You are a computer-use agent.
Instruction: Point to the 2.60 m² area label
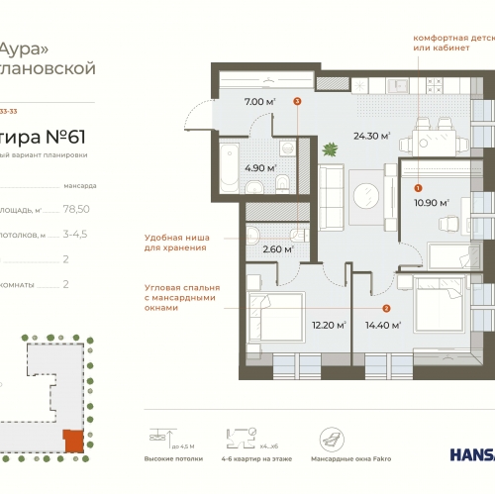[277, 249]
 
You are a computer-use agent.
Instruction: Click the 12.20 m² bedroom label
[328, 324]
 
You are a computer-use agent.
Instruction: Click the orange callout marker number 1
[418, 187]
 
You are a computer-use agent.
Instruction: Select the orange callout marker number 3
[297, 101]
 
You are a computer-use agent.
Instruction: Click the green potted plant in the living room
[330, 150]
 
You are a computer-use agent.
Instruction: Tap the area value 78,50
[76, 209]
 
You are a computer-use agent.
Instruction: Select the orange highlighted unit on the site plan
[70, 441]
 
